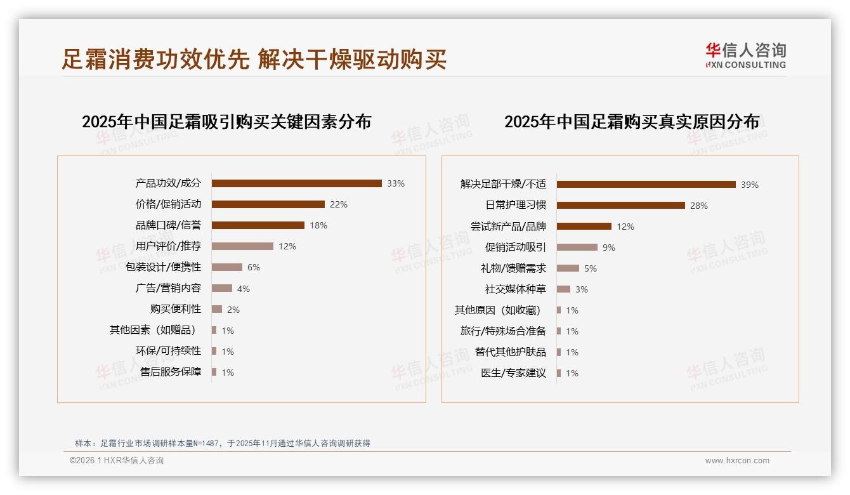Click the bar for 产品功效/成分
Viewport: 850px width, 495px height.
tap(296, 183)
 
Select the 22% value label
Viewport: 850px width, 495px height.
tap(339, 204)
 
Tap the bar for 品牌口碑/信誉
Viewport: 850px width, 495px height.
tap(258, 225)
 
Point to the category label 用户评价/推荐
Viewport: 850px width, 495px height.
tap(168, 246)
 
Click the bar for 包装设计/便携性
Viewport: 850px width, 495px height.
tap(227, 267)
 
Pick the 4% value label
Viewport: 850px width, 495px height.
tap(244, 289)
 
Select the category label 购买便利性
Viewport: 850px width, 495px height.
tap(176, 309)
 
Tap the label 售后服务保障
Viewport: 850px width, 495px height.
tap(171, 372)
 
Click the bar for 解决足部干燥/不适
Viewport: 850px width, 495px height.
tap(646, 184)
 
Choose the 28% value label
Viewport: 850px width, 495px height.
tap(699, 206)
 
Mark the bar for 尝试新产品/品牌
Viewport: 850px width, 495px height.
tap(584, 226)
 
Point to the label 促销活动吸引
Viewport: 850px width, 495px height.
tap(516, 247)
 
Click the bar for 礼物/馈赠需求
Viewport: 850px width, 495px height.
tap(568, 268)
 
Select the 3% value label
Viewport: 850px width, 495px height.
tap(582, 289)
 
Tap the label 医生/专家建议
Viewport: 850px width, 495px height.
tap(514, 373)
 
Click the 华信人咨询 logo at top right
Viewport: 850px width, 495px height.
tap(745, 55)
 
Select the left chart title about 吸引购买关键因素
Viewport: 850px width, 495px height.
tap(226, 122)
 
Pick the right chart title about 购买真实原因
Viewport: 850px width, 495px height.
tap(632, 122)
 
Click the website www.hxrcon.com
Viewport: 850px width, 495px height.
tap(737, 461)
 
